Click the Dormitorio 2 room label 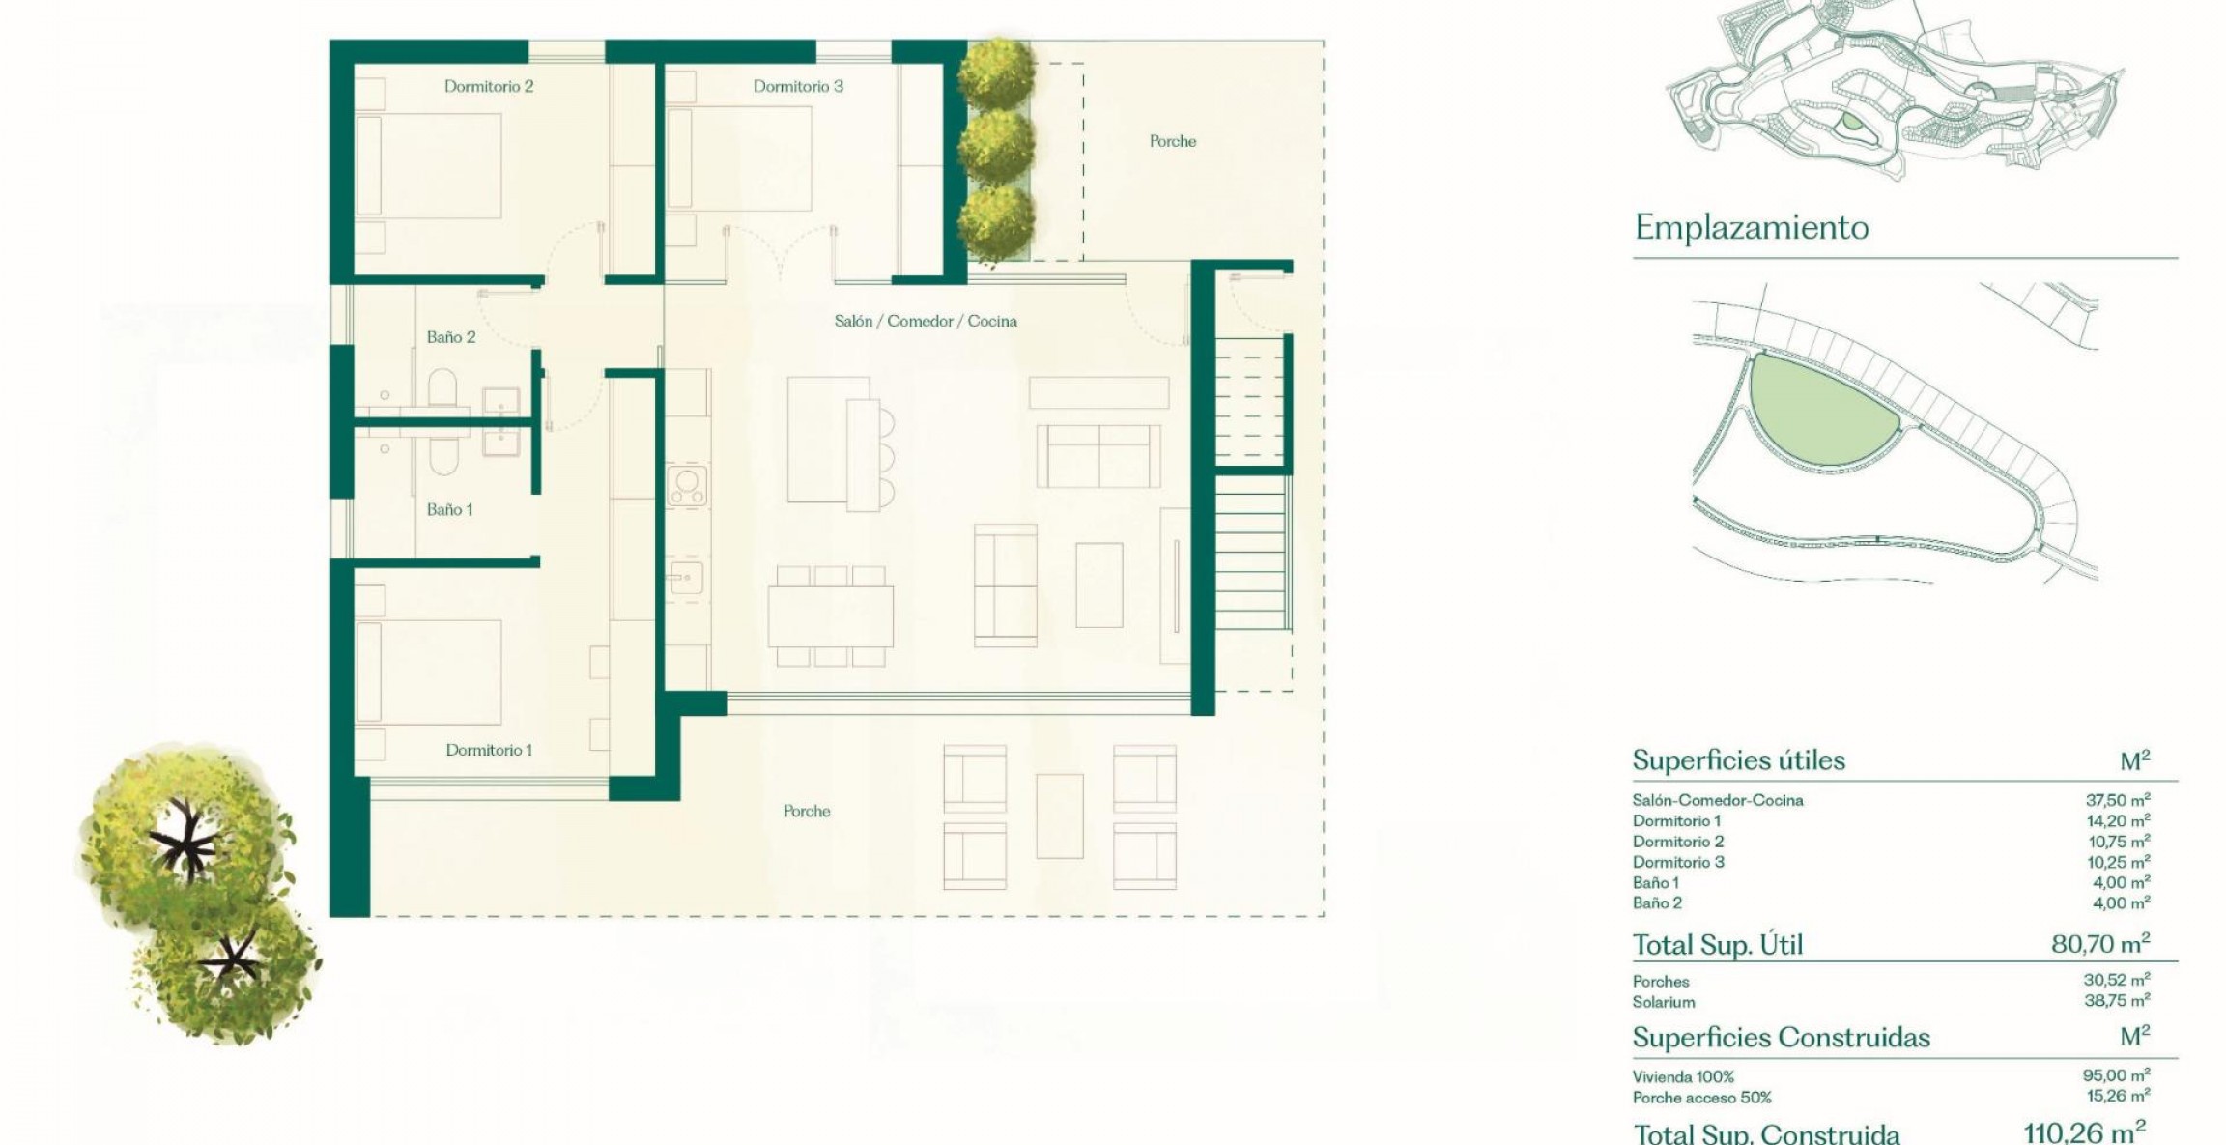489,86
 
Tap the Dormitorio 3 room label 798,86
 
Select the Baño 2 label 451,337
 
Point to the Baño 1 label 450,509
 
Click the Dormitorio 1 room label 489,750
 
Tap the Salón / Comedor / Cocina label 926,321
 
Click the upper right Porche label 1173,141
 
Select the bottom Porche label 807,811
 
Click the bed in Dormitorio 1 429,672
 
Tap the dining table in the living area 831,616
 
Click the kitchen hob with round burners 687,485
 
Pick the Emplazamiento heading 1752,228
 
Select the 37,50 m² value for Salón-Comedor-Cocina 2118,800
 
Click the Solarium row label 1664,1002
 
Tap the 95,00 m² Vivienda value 2118,1075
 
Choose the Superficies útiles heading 1739,760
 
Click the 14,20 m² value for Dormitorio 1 2119,821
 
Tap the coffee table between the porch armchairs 1060,816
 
